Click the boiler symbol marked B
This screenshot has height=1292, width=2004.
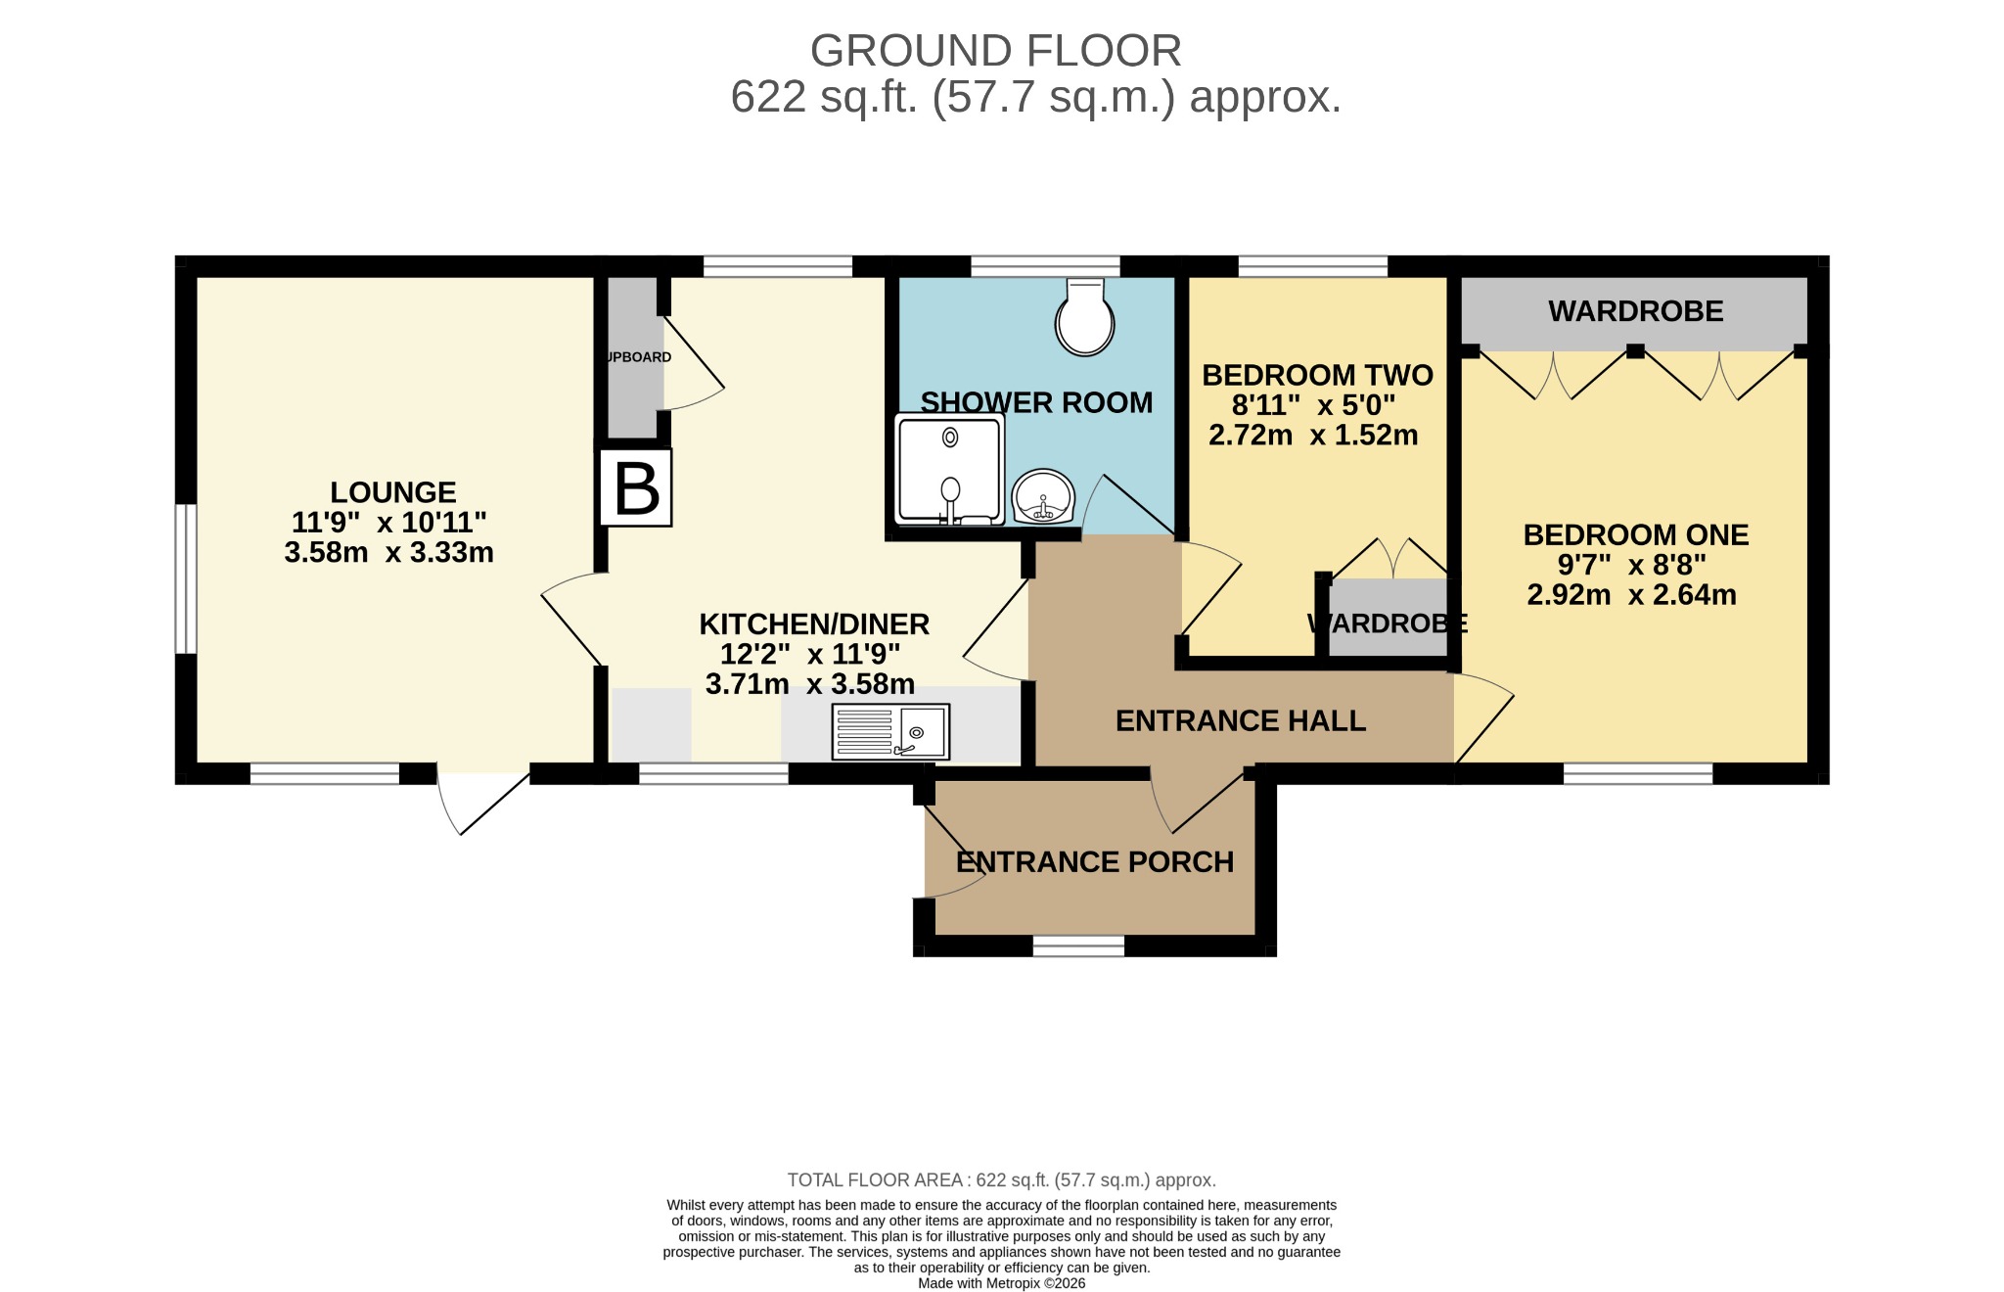point(636,487)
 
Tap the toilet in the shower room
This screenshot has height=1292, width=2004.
point(1084,315)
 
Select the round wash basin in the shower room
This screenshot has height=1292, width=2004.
point(1043,497)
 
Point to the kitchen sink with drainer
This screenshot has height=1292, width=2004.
point(890,732)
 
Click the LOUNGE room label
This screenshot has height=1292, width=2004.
point(393,492)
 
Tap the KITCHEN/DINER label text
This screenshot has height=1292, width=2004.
point(814,624)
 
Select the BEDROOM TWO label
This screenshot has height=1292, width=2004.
point(1317,376)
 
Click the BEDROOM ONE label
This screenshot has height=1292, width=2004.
point(1636,535)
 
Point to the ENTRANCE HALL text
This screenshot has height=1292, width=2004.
point(1241,721)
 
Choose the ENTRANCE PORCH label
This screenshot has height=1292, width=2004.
point(1095,862)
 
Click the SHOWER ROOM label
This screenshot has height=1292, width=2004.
point(1036,403)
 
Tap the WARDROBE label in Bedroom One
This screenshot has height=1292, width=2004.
point(1636,311)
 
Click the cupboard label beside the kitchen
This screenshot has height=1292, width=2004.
point(639,357)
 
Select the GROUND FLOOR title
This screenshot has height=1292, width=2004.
point(996,51)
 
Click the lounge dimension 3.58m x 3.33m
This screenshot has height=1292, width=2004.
point(389,553)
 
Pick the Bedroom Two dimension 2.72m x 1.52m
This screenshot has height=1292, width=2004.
point(1313,436)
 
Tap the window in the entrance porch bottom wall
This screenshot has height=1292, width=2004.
point(1078,946)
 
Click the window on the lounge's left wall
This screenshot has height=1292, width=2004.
point(186,578)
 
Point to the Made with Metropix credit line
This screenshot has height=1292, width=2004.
point(1002,1283)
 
